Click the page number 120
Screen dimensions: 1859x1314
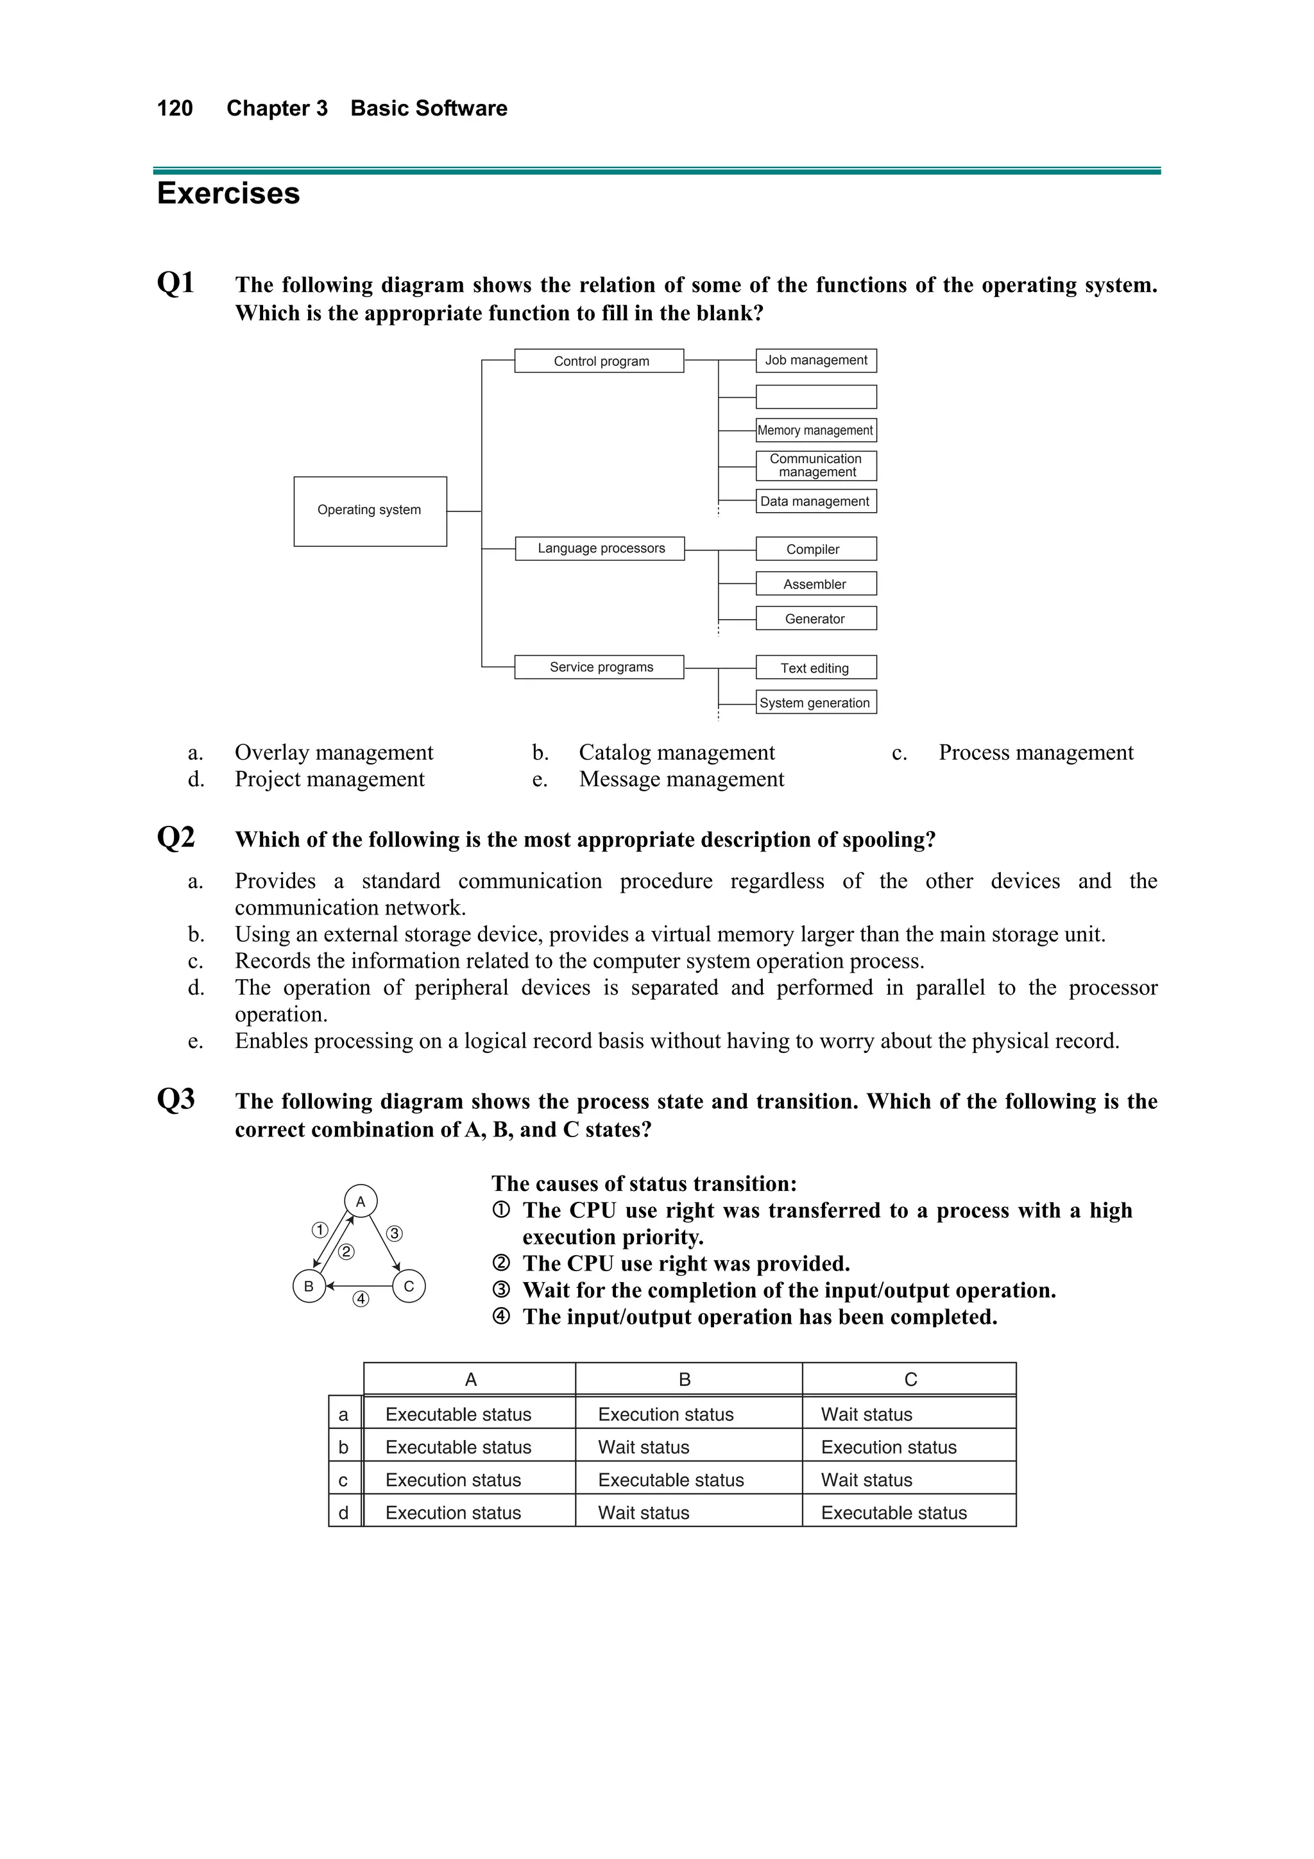[175, 108]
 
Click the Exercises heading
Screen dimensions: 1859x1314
[228, 194]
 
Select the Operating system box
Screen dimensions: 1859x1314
[370, 511]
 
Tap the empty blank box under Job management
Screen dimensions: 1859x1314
[816, 397]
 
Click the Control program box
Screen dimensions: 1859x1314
[599, 361]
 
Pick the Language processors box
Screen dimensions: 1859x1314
[600, 548]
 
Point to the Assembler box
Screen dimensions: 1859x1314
[815, 584]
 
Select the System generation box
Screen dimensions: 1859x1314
[815, 702]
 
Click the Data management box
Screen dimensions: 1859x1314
[815, 501]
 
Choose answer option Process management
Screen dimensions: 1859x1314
[1036, 752]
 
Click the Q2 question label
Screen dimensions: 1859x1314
[176, 837]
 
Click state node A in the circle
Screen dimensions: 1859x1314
[361, 1201]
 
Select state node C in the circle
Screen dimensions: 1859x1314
[409, 1286]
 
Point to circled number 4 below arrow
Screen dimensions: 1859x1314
[361, 1299]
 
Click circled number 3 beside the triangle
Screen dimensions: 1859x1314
[395, 1234]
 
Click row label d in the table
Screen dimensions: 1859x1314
[344, 1512]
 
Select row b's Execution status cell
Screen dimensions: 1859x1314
[888, 1447]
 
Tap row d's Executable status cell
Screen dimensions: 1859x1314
[893, 1512]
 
